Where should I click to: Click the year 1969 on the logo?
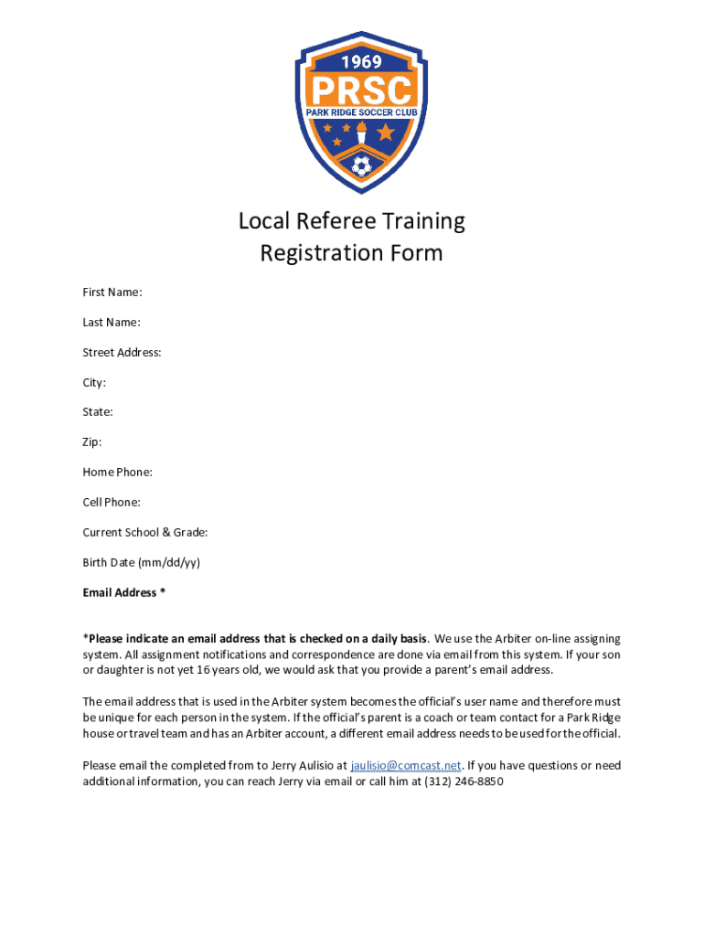click(361, 62)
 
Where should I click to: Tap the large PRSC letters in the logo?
click(361, 89)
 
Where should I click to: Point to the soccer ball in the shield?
click(361, 167)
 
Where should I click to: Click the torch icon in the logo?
click(361, 136)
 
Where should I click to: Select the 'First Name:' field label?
click(112, 292)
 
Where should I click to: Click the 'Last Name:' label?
click(112, 323)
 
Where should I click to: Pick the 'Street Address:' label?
click(122, 353)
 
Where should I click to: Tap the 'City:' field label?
click(94, 382)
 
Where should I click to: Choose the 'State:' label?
click(98, 412)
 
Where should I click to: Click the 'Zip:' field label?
click(92, 442)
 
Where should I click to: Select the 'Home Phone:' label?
click(117, 473)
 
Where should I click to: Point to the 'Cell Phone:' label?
click(112, 503)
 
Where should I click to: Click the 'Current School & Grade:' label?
click(145, 532)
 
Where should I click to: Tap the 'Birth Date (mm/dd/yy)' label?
click(141, 562)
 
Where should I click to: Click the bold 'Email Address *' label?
click(123, 592)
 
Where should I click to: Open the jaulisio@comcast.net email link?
click(406, 766)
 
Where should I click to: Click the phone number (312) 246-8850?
click(464, 782)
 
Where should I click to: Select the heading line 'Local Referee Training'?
click(352, 221)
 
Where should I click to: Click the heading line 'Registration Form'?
click(352, 253)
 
